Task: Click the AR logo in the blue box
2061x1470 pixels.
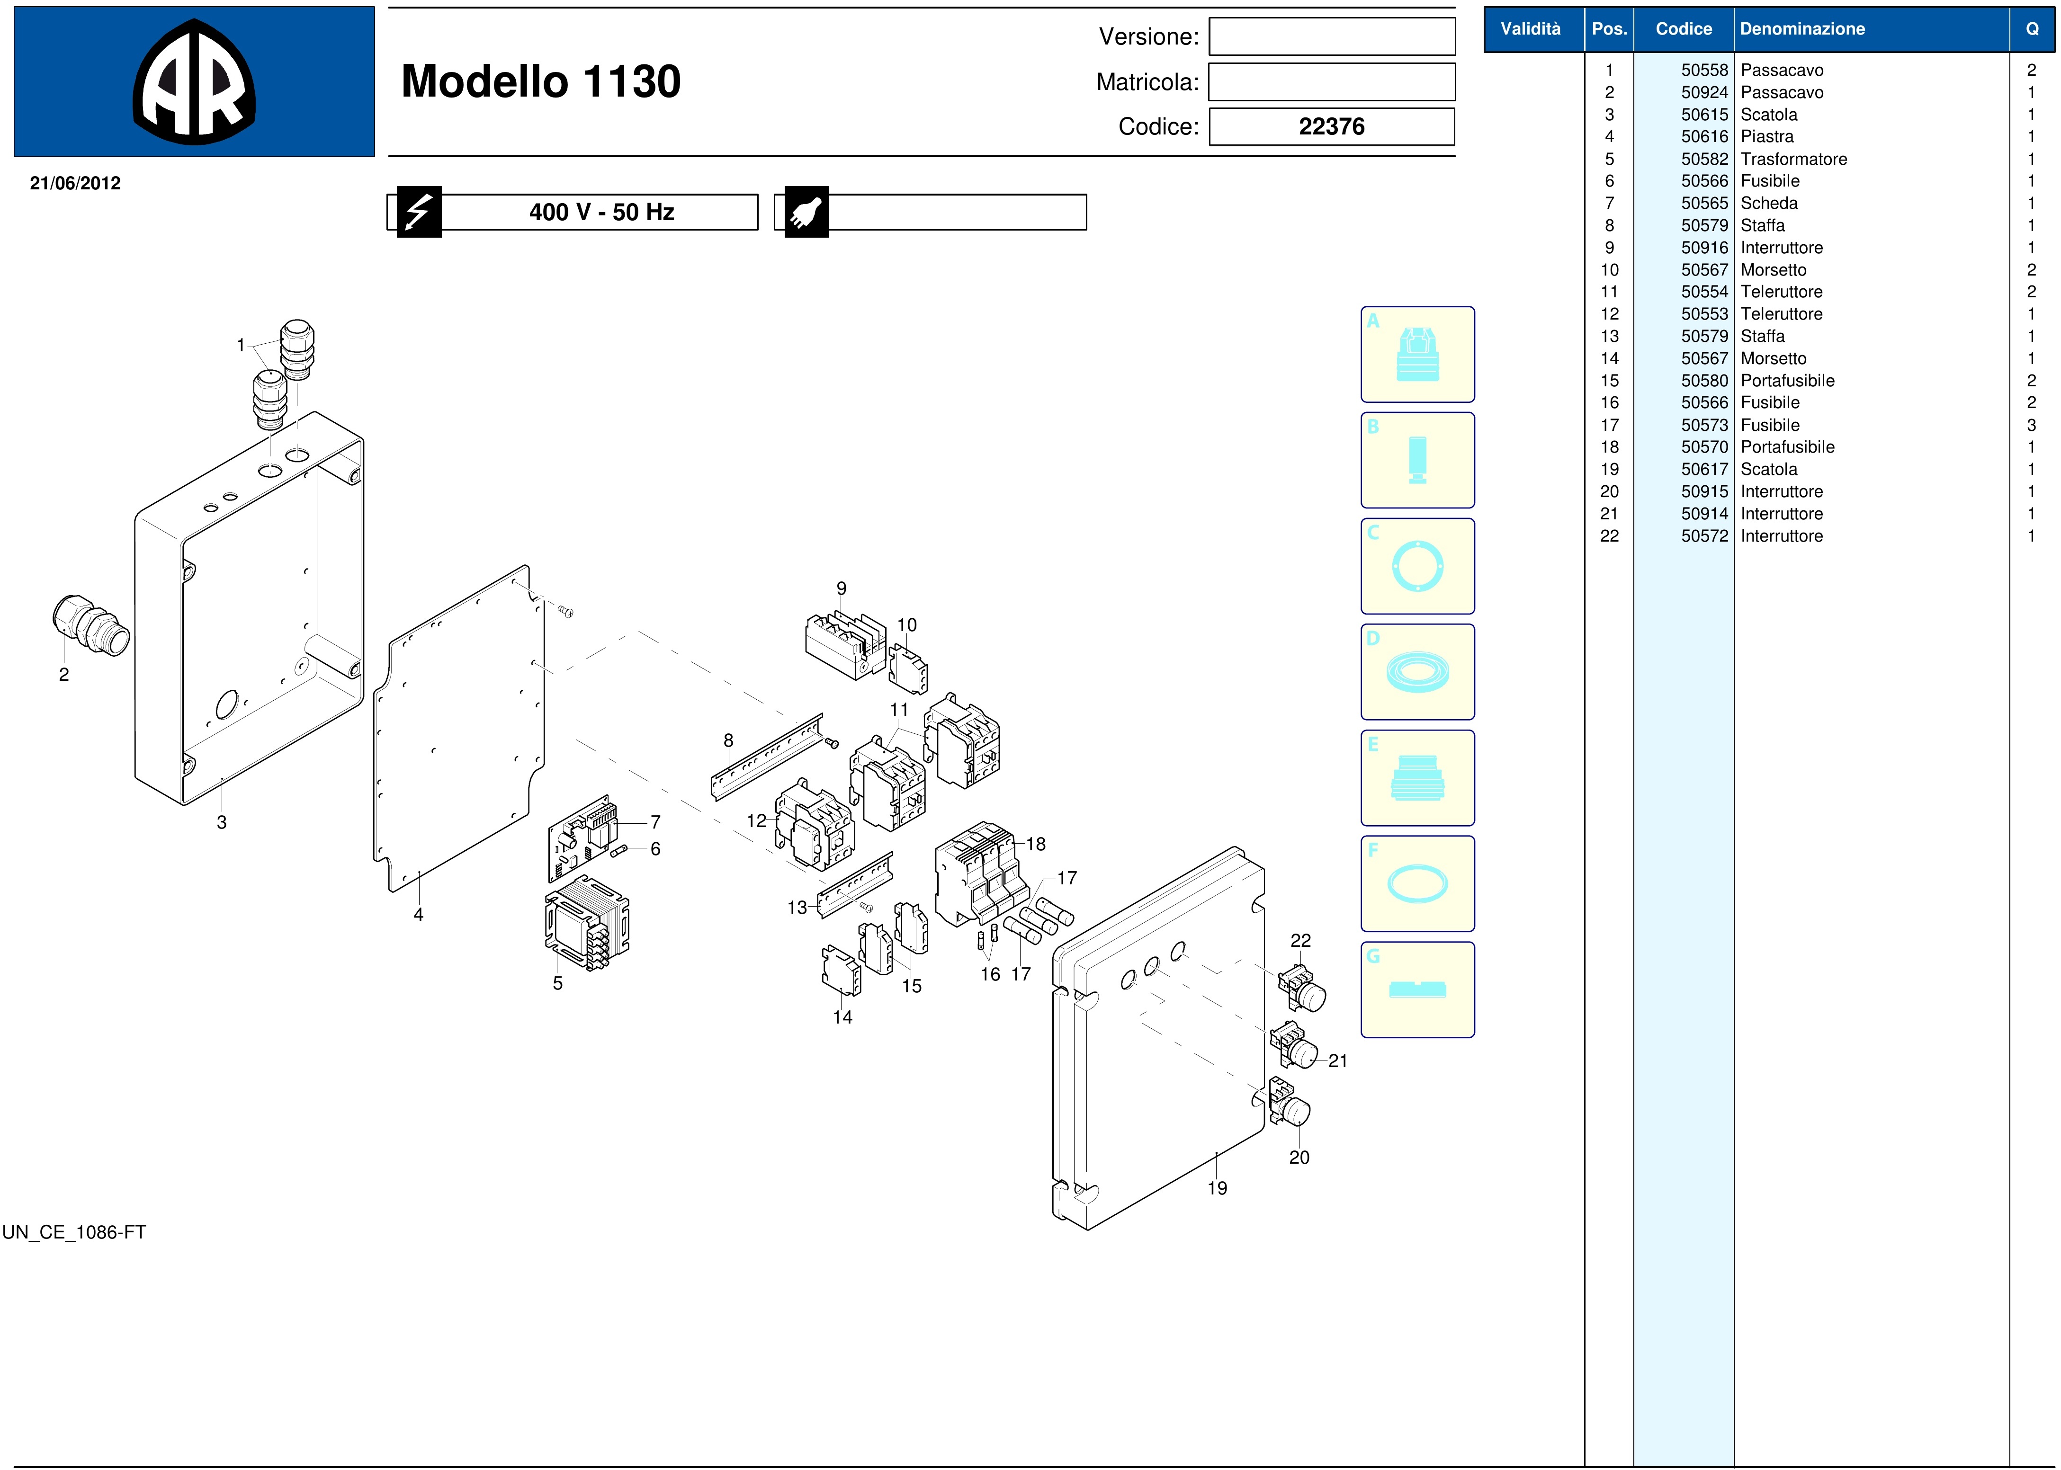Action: [194, 81]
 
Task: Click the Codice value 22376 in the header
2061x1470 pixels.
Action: [1331, 127]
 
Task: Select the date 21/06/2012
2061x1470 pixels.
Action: [75, 183]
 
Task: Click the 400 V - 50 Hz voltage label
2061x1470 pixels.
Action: [601, 212]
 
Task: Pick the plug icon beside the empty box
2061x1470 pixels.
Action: [806, 212]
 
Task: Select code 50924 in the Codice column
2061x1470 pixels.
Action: [1704, 92]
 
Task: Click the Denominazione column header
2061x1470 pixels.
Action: [1802, 29]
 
